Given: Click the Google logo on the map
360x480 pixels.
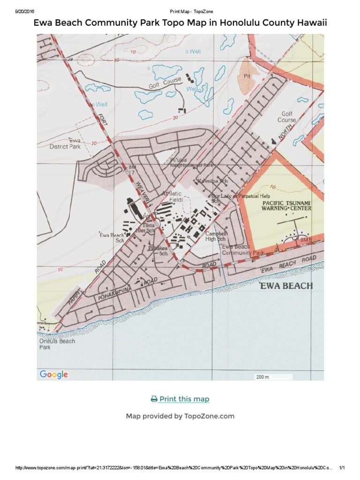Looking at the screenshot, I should click(x=54, y=374).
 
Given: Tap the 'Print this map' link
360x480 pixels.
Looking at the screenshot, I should click(x=180, y=399).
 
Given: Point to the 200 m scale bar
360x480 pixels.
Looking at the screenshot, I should click(x=274, y=377).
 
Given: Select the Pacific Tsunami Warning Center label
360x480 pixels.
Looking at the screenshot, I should click(x=286, y=205).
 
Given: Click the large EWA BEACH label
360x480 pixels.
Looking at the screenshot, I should click(x=286, y=285).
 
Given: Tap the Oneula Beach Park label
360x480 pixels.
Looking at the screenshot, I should click(x=50, y=344).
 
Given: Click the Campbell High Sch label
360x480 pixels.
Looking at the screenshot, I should click(x=216, y=236).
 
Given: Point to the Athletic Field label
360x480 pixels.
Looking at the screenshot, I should click(x=172, y=196).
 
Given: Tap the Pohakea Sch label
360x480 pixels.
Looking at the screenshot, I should click(x=158, y=250).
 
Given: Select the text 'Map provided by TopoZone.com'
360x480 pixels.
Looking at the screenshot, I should click(x=180, y=416).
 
